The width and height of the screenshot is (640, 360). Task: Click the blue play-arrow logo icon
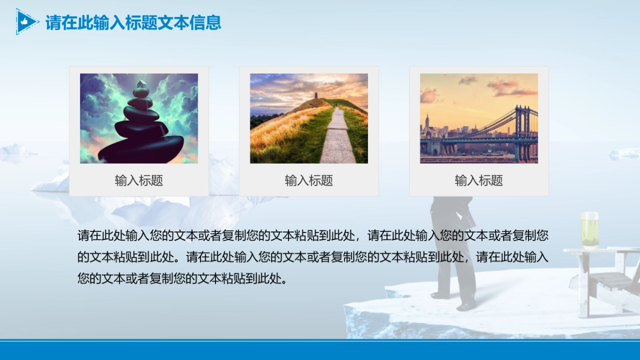(26, 22)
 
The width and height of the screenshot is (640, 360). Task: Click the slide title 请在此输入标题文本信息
(133, 23)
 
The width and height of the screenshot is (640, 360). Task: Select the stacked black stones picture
(139, 118)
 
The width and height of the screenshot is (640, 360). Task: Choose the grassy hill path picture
(309, 118)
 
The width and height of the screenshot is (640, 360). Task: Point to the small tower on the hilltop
(316, 95)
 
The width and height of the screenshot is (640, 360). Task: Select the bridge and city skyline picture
(479, 118)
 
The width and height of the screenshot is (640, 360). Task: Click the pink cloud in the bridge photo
(507, 87)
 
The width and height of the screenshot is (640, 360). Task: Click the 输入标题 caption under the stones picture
(139, 181)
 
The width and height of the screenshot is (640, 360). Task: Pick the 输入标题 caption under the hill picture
(309, 181)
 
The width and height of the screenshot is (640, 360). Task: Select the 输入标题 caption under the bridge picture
(479, 181)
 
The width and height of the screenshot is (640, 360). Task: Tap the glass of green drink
(590, 230)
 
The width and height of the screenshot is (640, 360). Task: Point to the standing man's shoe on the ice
(466, 307)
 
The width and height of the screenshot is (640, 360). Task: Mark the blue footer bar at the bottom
(320, 350)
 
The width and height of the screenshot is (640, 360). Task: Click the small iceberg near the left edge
(16, 150)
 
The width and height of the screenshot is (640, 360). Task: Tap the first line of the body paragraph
(313, 235)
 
